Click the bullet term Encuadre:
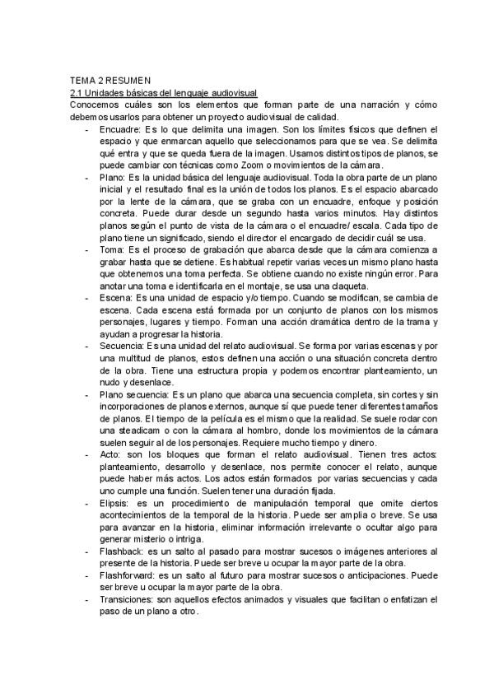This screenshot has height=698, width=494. [119, 129]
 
